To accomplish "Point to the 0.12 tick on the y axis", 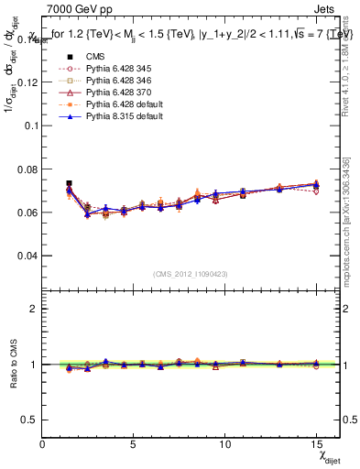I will pos(27,82).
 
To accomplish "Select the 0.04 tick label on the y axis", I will pos(27,256).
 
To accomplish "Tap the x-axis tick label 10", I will pos(224,444).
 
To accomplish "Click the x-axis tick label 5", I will pos(134,444).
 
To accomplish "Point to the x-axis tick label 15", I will pos(315,444).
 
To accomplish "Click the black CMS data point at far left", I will pos(70,184).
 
